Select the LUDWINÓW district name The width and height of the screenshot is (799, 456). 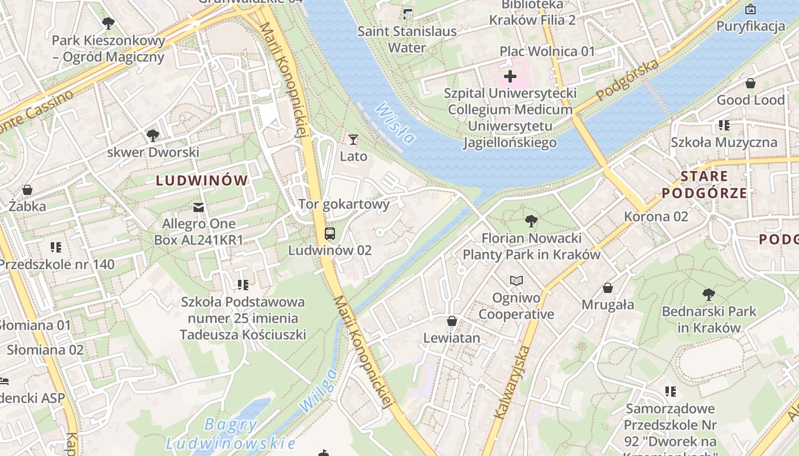(202, 181)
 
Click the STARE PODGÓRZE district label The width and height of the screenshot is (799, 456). (704, 184)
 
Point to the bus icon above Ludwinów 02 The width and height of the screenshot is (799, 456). (330, 233)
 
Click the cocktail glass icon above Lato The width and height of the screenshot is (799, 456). (353, 139)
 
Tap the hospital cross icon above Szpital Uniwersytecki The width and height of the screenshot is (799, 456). (510, 76)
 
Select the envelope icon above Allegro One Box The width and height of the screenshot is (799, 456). (199, 207)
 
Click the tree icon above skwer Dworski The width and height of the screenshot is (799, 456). (152, 135)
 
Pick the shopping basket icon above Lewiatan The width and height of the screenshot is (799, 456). (452, 321)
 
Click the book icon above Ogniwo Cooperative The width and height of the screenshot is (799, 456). (516, 280)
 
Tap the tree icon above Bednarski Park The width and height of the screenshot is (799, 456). (709, 295)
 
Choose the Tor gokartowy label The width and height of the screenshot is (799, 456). (344, 204)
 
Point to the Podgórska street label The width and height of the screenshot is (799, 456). (628, 80)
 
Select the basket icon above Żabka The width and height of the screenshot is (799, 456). (27, 190)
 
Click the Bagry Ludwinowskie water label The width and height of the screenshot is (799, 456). (231, 434)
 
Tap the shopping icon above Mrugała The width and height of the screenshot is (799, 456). (608, 288)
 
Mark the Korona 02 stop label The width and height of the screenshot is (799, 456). (656, 217)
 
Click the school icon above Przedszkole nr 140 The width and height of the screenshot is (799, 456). (56, 247)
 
